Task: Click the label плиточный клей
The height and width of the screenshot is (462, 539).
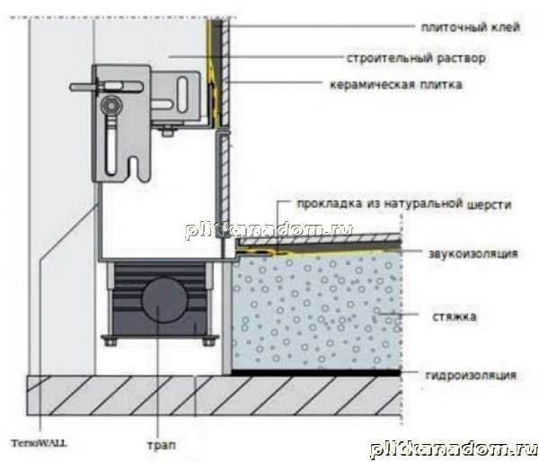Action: [x=470, y=28]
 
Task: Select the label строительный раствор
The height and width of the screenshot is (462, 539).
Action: [x=416, y=58]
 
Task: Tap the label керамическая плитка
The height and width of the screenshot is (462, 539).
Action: [x=395, y=84]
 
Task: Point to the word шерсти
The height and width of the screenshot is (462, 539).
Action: [x=490, y=205]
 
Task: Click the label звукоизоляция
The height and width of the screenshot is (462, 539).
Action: [x=473, y=253]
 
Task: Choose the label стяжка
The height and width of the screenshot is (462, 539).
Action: [x=455, y=316]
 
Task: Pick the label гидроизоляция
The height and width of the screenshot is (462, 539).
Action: [x=471, y=375]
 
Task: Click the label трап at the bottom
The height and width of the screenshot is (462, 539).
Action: [x=162, y=445]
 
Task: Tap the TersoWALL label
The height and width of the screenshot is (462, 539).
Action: [x=39, y=443]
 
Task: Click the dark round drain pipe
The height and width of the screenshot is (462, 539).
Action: [x=164, y=299]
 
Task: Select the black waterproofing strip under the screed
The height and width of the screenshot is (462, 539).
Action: [x=316, y=372]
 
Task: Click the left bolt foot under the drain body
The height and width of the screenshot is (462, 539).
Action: [x=110, y=342]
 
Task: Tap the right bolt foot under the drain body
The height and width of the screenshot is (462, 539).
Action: [x=208, y=342]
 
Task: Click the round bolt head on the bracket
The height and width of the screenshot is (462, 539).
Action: [x=111, y=105]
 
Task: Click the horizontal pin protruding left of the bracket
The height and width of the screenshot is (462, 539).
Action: [x=84, y=86]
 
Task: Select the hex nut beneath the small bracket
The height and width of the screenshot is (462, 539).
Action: [x=168, y=131]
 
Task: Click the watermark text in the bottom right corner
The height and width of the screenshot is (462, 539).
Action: [x=454, y=450]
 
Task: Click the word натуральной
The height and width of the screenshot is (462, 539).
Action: [x=423, y=204]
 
